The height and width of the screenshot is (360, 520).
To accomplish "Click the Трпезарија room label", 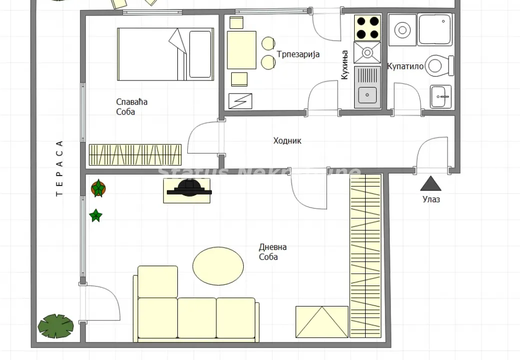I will [x=298, y=54].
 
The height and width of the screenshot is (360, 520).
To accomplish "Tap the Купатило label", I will [x=405, y=66].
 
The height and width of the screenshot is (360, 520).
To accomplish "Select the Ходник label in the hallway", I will [x=287, y=140].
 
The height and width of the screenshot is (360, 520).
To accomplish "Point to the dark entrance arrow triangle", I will [x=431, y=184].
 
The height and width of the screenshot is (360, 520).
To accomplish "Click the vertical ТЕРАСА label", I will [x=59, y=168].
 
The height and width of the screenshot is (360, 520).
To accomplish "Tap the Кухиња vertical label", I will [x=344, y=65].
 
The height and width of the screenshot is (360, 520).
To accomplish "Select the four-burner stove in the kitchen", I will [x=367, y=28].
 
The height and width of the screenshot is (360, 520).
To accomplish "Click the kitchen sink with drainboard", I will [x=367, y=87].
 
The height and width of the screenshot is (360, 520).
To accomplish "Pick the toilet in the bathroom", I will [x=440, y=65].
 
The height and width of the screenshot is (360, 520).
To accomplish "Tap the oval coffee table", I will [x=218, y=265].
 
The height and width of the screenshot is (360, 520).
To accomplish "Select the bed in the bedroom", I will [x=165, y=54].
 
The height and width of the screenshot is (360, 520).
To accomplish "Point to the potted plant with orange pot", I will [x=98, y=188].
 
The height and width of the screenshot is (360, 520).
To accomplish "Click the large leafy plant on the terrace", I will [x=55, y=325].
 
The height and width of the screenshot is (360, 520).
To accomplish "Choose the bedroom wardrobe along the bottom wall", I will [x=135, y=154].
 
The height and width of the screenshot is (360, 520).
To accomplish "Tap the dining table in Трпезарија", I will [x=242, y=50].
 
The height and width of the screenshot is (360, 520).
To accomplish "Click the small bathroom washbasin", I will [x=441, y=96].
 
